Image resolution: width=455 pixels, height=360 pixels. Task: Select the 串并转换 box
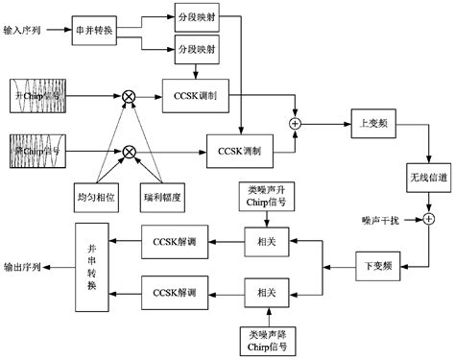(x=98, y=30)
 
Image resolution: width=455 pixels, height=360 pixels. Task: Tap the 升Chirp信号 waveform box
(x=42, y=96)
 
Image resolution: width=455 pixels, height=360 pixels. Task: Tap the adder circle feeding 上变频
(x=294, y=124)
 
